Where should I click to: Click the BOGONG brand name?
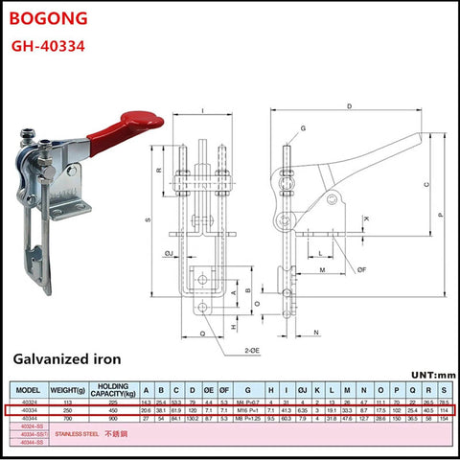click(x=47, y=18)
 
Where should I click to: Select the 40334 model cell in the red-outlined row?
click(x=29, y=409)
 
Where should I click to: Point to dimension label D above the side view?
click(x=351, y=105)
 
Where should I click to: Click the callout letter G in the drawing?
click(x=303, y=128)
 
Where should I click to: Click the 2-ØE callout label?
click(x=252, y=351)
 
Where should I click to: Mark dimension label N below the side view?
click(x=315, y=332)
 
